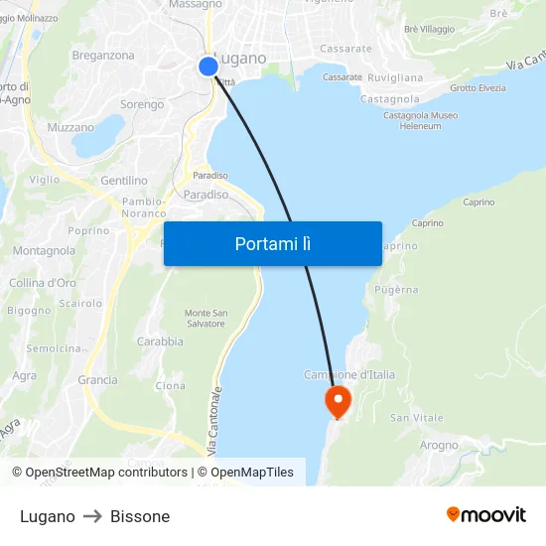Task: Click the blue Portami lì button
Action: tap(272, 243)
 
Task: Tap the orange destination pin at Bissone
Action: tap(339, 401)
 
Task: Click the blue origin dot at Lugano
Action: tap(207, 66)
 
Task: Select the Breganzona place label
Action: tap(103, 56)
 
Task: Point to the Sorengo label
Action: tap(142, 104)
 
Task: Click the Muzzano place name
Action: tap(70, 127)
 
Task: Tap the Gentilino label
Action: tap(124, 181)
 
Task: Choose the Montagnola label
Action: tap(44, 251)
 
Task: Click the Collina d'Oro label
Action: tap(43, 283)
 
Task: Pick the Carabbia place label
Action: tap(160, 341)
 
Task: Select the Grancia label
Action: tap(97, 380)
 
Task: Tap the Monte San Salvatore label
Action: tap(205, 319)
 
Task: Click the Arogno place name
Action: tap(438, 445)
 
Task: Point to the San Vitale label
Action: tap(417, 418)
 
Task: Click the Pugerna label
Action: tap(397, 290)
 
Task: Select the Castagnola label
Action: tap(389, 99)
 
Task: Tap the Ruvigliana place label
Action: tap(395, 77)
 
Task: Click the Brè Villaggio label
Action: tap(430, 30)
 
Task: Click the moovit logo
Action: tap(486, 515)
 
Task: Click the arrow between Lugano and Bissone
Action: tap(92, 516)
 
